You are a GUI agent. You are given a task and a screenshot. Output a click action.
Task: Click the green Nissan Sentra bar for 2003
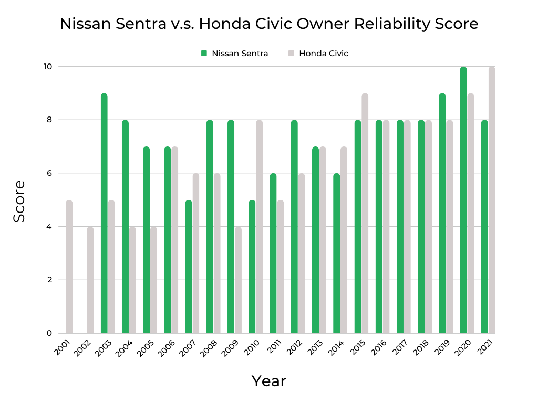pyautogui.click(x=104, y=213)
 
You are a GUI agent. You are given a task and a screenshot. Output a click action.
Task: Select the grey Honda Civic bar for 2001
pyautogui.click(x=69, y=267)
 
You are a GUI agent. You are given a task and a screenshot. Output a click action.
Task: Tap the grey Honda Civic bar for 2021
pyautogui.click(x=492, y=200)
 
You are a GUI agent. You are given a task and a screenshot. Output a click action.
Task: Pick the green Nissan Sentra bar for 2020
pyautogui.click(x=463, y=200)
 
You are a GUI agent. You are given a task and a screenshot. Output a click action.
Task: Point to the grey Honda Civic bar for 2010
pyautogui.click(x=259, y=227)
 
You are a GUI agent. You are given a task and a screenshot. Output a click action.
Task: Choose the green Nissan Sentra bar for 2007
pyautogui.click(x=189, y=267)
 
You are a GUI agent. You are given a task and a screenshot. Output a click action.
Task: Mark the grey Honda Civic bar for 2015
pyautogui.click(x=365, y=213)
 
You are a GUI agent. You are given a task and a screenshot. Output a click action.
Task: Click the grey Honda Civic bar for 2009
pyautogui.click(x=238, y=280)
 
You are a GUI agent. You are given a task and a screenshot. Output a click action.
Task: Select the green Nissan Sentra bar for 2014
pyautogui.click(x=336, y=253)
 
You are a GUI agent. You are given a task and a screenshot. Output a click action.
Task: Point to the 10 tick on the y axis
pyautogui.click(x=48, y=67)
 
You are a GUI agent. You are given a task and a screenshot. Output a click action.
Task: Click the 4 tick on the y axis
pyautogui.click(x=48, y=227)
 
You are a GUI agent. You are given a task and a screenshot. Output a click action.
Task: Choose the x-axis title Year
pyautogui.click(x=268, y=381)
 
